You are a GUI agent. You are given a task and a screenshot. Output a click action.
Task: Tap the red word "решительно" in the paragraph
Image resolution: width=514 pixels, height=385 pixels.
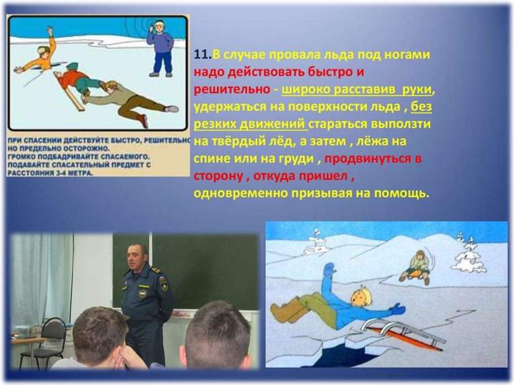232,90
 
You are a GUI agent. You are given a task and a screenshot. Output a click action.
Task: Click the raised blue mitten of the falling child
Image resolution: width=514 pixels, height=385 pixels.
329,270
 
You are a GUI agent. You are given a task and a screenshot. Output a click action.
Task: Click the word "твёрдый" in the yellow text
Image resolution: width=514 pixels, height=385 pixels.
240,141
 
